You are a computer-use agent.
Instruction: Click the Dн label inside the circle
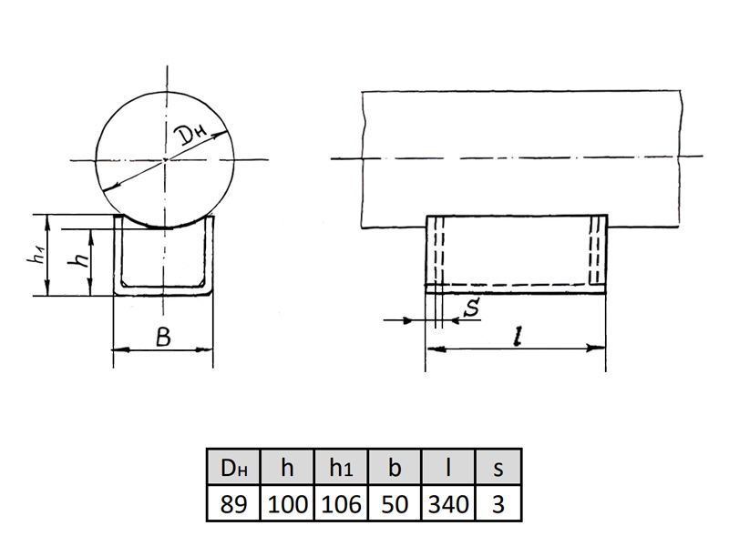191,135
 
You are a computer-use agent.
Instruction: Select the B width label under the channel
164,337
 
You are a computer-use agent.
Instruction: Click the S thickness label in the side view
472,308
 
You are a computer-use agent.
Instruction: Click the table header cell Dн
234,468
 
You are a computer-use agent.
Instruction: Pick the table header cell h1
341,468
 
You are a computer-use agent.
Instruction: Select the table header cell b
395,468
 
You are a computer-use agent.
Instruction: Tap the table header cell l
447,468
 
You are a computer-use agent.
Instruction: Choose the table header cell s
498,468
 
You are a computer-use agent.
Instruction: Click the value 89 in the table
233,504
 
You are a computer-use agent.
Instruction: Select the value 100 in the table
288,504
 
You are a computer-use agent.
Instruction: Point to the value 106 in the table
341,504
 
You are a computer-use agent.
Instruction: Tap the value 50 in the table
395,504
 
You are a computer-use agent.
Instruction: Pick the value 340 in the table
447,504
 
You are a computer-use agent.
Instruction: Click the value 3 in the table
498,504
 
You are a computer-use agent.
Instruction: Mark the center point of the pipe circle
166,160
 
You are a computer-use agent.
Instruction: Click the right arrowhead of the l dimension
597,348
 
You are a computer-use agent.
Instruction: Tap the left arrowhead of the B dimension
122,349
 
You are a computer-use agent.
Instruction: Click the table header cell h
287,468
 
